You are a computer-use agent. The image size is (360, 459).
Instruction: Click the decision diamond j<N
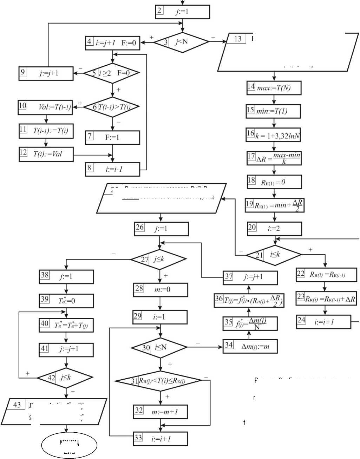pyautogui.click(x=182, y=42)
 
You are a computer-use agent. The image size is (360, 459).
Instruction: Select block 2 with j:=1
pyautogui.click(x=182, y=12)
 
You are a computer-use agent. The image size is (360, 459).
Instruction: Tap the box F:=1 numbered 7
pyautogui.click(x=112, y=137)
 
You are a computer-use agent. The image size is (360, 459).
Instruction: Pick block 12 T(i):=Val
pyautogui.click(x=46, y=154)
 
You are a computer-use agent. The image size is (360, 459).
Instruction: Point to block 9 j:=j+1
pyautogui.click(x=46, y=73)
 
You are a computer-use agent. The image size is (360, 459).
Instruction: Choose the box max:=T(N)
pyautogui.click(x=274, y=88)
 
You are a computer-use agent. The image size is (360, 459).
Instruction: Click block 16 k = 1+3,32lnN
pyautogui.click(x=274, y=135)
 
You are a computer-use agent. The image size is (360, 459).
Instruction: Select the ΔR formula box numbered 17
pyautogui.click(x=274, y=158)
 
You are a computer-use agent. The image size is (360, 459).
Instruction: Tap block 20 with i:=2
pyautogui.click(x=274, y=229)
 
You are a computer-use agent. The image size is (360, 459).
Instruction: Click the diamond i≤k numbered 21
pyautogui.click(x=274, y=255)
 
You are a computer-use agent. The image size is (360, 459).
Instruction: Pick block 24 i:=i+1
pyautogui.click(x=323, y=322)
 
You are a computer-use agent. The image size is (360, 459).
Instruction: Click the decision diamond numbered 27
pyautogui.click(x=159, y=260)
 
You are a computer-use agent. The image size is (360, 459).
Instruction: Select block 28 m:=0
pyautogui.click(x=161, y=290)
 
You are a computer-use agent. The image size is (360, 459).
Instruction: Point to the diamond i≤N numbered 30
pyautogui.click(x=159, y=348)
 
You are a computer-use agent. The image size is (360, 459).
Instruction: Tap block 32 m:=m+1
pyautogui.click(x=160, y=412)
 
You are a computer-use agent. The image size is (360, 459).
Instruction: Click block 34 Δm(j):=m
pyautogui.click(x=250, y=346)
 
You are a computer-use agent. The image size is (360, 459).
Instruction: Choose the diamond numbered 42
pyautogui.click(x=65, y=378)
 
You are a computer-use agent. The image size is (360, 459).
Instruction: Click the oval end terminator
pyautogui.click(x=69, y=445)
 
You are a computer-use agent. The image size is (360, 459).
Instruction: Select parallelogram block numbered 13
pyautogui.click(x=288, y=52)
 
